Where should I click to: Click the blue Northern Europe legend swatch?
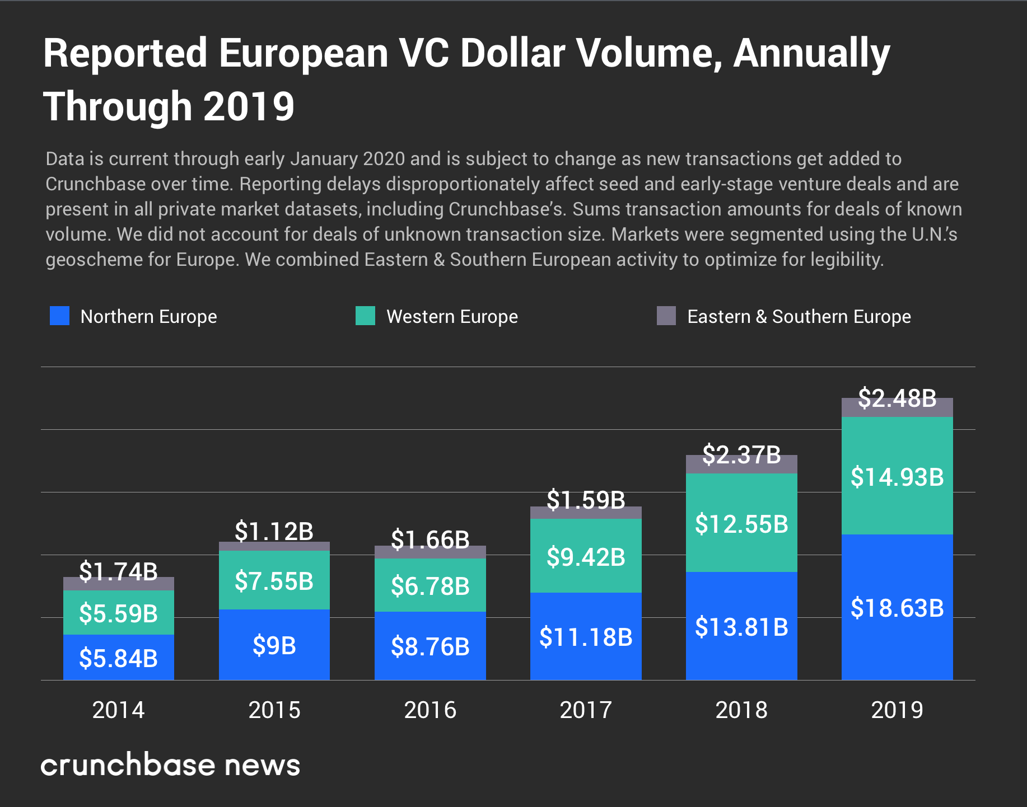pos(59,316)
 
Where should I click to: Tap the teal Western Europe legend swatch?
pos(365,316)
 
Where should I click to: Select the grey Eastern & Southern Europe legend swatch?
pos(666,316)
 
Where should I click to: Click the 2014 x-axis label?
pos(118,710)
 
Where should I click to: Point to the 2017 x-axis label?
pos(586,710)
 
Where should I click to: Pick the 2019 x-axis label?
pos(897,710)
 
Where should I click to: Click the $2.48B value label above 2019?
pos(897,398)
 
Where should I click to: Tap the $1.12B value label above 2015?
pos(274,531)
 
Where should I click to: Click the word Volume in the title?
pos(645,54)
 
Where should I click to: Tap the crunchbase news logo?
pos(170,765)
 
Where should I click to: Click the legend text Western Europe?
pos(452,317)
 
